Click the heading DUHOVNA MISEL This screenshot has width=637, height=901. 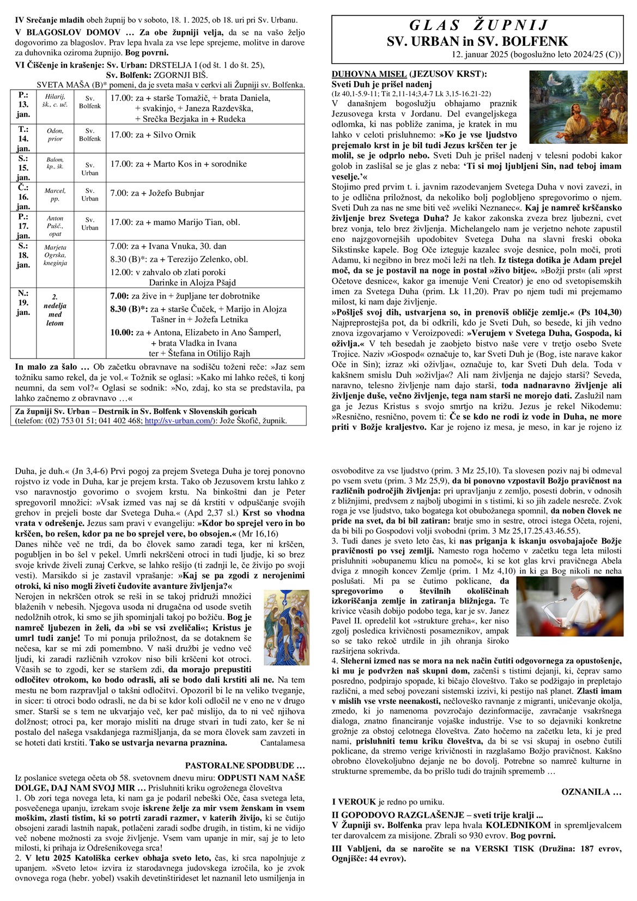(x=368, y=74)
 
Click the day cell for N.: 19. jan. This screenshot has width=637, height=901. (x=23, y=302)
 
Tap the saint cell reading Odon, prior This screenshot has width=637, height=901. (x=55, y=135)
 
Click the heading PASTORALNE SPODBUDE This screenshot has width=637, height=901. (x=245, y=765)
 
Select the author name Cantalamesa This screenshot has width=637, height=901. (x=282, y=742)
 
